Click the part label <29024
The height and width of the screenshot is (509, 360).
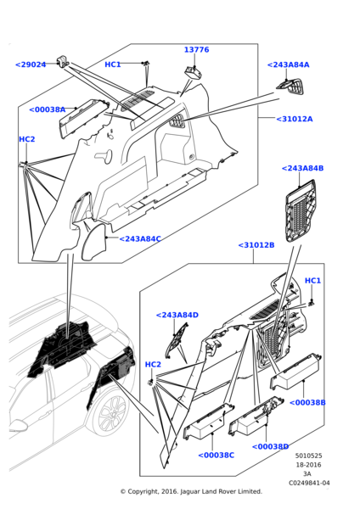(x=31, y=64)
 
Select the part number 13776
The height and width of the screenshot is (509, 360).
(x=197, y=50)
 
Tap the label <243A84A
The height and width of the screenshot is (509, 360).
(x=288, y=64)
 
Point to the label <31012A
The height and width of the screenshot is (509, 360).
(x=295, y=119)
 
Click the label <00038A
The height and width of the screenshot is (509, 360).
(x=48, y=109)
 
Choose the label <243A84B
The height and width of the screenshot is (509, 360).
(x=302, y=168)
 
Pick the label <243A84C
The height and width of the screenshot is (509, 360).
(x=140, y=239)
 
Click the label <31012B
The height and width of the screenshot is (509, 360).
(x=256, y=245)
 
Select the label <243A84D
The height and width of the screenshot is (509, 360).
(x=177, y=315)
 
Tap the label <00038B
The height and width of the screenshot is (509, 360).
(x=307, y=402)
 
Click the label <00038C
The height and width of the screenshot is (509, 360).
(x=216, y=456)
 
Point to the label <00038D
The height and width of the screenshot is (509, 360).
(x=270, y=447)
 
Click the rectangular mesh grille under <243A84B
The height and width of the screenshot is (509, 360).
(x=301, y=210)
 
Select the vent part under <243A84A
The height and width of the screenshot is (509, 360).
(x=290, y=87)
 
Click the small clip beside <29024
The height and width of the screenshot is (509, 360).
(x=62, y=61)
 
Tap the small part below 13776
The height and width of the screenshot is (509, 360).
(x=194, y=72)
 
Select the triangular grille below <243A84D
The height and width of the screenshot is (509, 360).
(x=177, y=340)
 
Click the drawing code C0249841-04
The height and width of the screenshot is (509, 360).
(x=309, y=483)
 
